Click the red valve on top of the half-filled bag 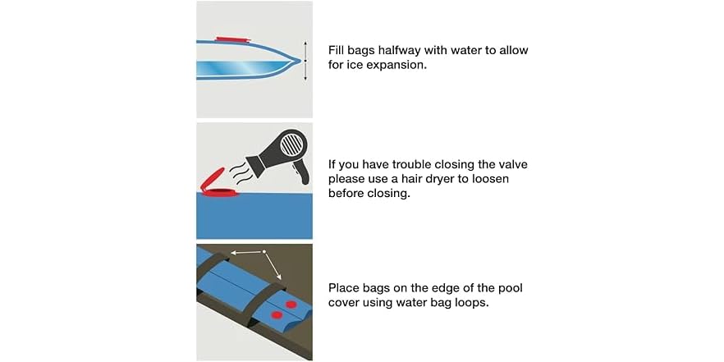point(233,39)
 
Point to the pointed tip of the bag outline point(300,60)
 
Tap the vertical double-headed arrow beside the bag point(305,61)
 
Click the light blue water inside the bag point(240,69)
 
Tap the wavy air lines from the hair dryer point(242,172)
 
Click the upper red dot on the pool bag point(291,305)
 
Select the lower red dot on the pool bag point(277,315)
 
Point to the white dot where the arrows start point(264,252)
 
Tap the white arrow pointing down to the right point(273,265)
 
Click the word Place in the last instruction point(343,288)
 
